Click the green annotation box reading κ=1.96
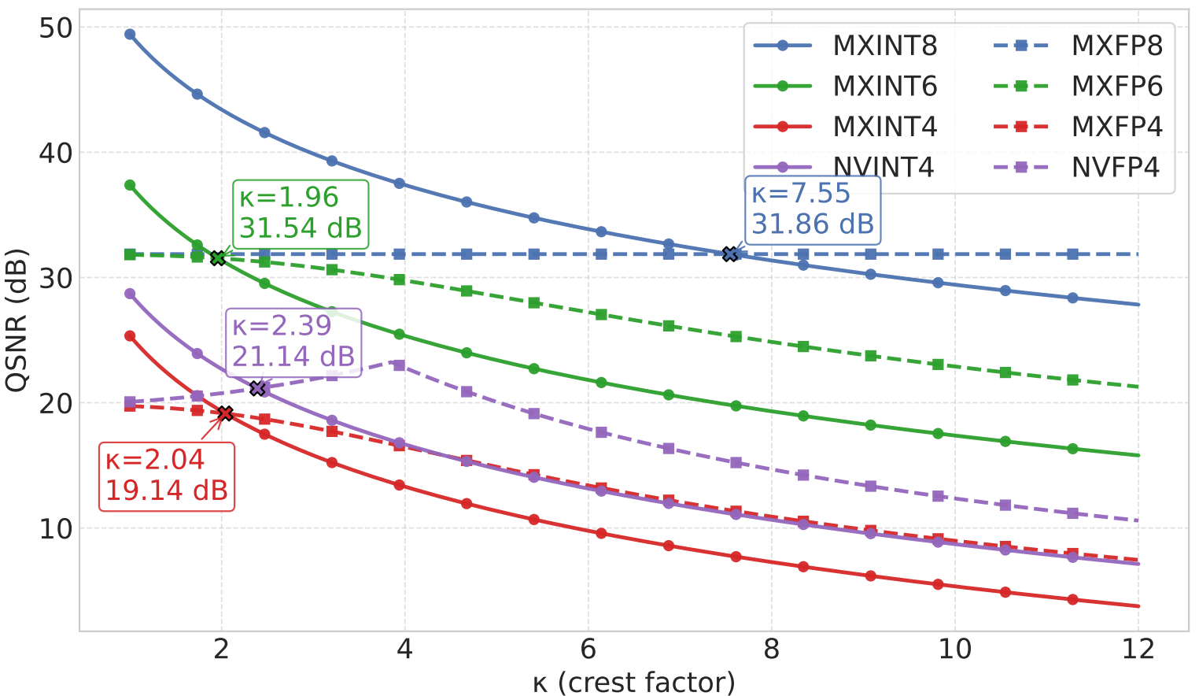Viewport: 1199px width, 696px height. (x=300, y=213)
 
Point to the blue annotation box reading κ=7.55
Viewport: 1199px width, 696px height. (x=812, y=209)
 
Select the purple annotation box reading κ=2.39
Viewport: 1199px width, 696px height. (x=293, y=342)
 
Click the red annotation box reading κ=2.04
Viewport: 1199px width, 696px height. (x=166, y=476)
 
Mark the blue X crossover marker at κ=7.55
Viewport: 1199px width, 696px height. (x=730, y=254)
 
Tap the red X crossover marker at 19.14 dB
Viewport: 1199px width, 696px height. (x=225, y=413)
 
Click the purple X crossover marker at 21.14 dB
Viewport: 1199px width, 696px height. (x=257, y=388)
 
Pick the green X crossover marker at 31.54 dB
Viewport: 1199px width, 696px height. (x=218, y=257)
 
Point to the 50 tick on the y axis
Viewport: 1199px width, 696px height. (x=55, y=28)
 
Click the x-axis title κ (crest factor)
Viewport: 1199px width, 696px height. (x=633, y=682)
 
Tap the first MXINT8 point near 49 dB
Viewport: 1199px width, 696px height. (x=130, y=34)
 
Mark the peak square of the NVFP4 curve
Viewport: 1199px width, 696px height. (x=399, y=365)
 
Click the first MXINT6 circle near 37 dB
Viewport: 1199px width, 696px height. (x=130, y=185)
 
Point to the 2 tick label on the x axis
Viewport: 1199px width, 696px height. (x=221, y=650)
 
